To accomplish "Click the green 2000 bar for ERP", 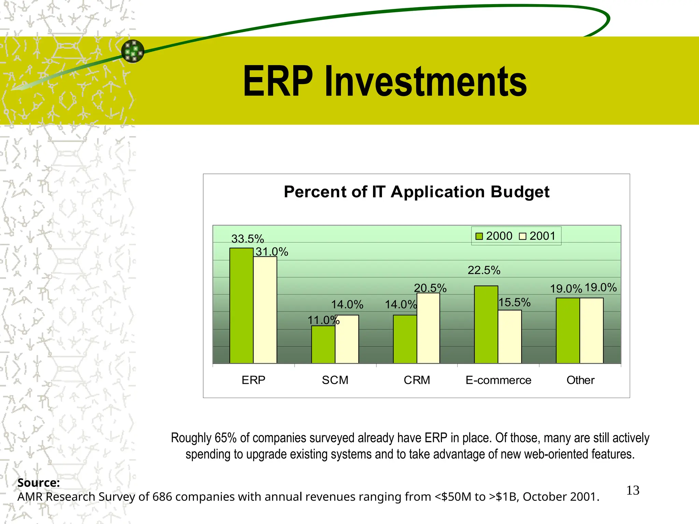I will (x=241, y=305).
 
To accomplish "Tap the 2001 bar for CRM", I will (x=428, y=328).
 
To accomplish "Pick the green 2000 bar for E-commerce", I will (x=486, y=324).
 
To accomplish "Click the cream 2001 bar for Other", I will (x=591, y=330).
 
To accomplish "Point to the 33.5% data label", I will (x=247, y=238).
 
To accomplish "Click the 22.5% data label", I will (x=484, y=270).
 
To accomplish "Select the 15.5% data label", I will (x=514, y=302).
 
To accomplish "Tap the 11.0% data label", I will (x=323, y=320).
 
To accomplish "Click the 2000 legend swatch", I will (x=479, y=236).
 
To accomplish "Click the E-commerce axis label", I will (x=498, y=380).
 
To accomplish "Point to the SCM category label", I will (x=335, y=380).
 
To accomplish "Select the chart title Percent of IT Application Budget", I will (x=416, y=192).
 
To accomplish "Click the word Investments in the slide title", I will (x=426, y=82).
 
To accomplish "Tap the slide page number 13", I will (x=632, y=490).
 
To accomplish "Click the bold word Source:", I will (x=39, y=482).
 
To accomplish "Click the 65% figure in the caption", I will (x=226, y=438).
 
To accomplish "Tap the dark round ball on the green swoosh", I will (x=133, y=51).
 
